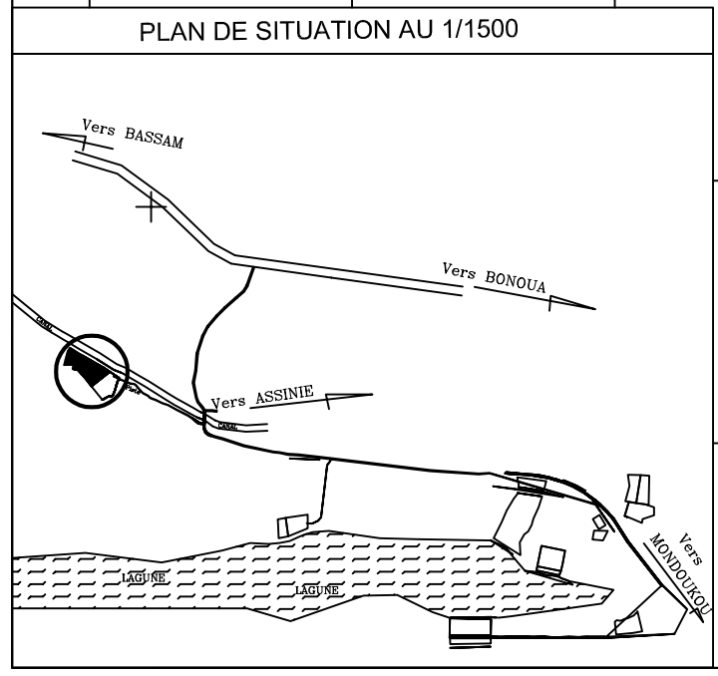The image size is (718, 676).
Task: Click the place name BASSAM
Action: [x=154, y=135]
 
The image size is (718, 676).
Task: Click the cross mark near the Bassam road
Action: [x=151, y=207]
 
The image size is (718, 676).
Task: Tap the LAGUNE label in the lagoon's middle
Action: [x=318, y=590]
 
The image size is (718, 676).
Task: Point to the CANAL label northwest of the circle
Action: [x=42, y=322]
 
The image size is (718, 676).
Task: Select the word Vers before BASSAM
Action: [x=93, y=129]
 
